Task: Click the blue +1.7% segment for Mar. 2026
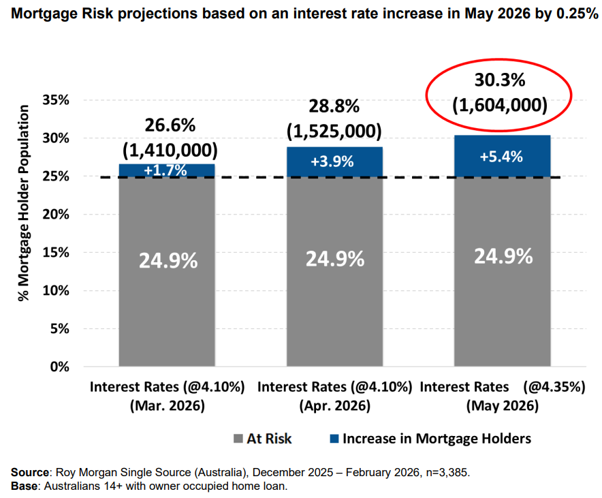167,170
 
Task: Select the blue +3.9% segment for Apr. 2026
334,162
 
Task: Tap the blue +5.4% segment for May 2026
501,156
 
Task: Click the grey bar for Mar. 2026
167,273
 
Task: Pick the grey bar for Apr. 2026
334,273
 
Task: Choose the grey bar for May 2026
501,273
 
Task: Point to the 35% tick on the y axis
56,100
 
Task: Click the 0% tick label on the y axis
60,367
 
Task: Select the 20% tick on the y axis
56,214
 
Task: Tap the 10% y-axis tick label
56,290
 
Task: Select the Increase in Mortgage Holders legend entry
428,439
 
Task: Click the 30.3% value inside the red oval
501,80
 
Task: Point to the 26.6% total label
170,125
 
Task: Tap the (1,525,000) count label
334,131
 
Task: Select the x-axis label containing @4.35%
503,387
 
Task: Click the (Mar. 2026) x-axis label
167,406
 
